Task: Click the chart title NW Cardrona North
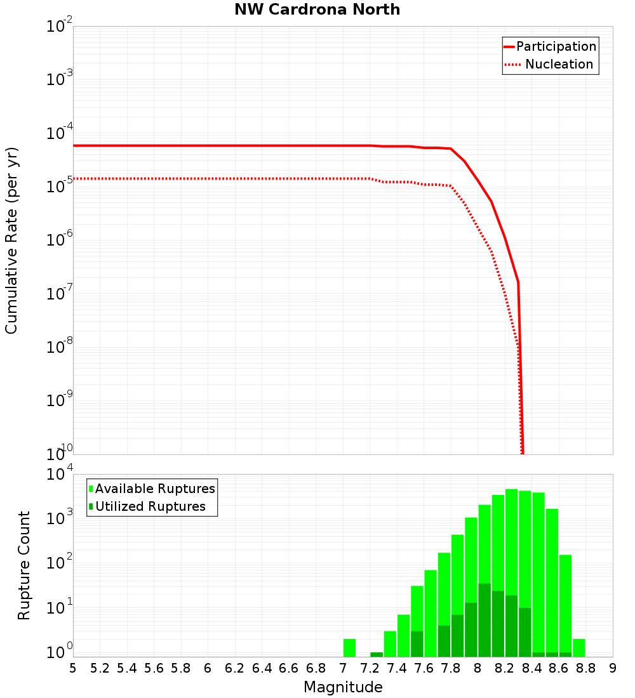317,10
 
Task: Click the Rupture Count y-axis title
24,565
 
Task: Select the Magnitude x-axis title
343,687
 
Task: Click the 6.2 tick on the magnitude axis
235,668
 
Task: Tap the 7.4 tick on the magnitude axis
397,668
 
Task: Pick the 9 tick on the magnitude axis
613,668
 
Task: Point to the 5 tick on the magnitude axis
73,668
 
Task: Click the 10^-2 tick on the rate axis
60,27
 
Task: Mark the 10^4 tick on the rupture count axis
60,475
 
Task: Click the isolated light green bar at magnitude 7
349,647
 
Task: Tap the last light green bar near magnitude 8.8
579,647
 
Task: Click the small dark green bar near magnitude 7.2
377,654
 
